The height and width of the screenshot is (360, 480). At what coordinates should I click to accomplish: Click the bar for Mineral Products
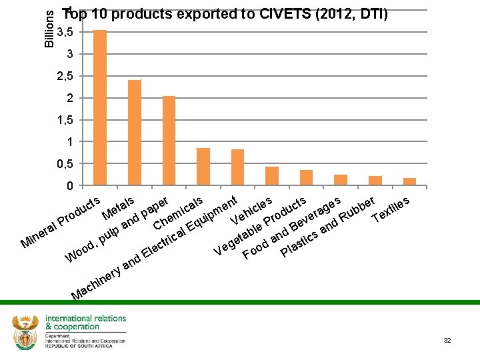point(100,107)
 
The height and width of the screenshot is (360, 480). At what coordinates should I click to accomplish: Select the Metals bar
point(135,133)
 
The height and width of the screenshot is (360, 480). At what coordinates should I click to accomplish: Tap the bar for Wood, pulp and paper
point(169,141)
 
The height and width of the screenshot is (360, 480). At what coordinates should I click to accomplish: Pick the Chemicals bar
point(203,167)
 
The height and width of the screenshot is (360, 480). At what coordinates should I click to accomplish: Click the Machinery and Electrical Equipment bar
point(237,167)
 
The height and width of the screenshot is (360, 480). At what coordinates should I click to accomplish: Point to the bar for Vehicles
point(272,176)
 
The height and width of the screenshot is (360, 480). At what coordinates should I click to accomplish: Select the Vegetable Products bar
point(307,178)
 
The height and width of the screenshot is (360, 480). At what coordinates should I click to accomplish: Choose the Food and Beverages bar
point(341,180)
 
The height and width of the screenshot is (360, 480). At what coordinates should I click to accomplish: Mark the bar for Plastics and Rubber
point(375,181)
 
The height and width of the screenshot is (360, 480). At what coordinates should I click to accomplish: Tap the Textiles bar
point(409,182)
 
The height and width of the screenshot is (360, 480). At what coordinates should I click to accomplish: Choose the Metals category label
point(119,208)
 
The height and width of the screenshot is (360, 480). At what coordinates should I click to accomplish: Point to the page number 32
point(447,341)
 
